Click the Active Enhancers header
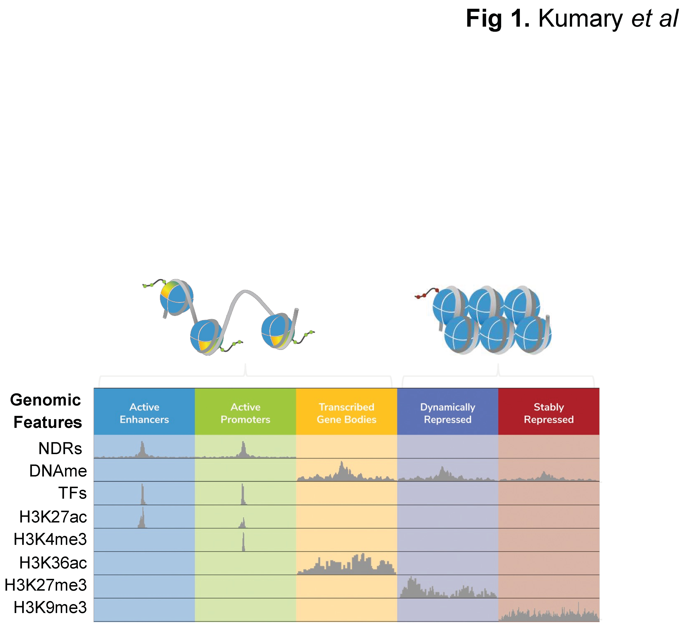point(144,413)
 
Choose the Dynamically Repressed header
point(447,413)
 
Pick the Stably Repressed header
point(549,413)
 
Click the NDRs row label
point(60,448)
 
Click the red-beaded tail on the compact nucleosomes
point(426,294)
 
